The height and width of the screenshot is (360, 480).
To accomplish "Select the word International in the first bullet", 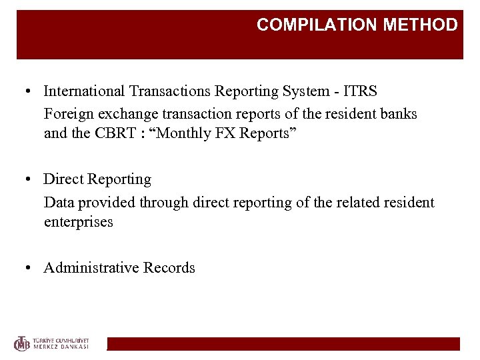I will pyautogui.click(x=84, y=91).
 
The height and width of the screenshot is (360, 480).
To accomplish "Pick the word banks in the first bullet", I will pyautogui.click(x=399, y=113).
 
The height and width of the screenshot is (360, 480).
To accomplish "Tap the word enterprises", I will pyautogui.click(x=79, y=222).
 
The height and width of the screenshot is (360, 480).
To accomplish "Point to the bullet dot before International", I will pyautogui.click(x=29, y=91).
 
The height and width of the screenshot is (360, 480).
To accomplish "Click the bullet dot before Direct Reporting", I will pyautogui.click(x=29, y=179).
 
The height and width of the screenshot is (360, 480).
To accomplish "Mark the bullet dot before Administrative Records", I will pyautogui.click(x=29, y=268).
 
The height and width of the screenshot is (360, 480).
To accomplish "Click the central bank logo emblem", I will pyautogui.click(x=23, y=343).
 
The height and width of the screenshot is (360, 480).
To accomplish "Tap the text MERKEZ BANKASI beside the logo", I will pyautogui.click(x=61, y=347).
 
